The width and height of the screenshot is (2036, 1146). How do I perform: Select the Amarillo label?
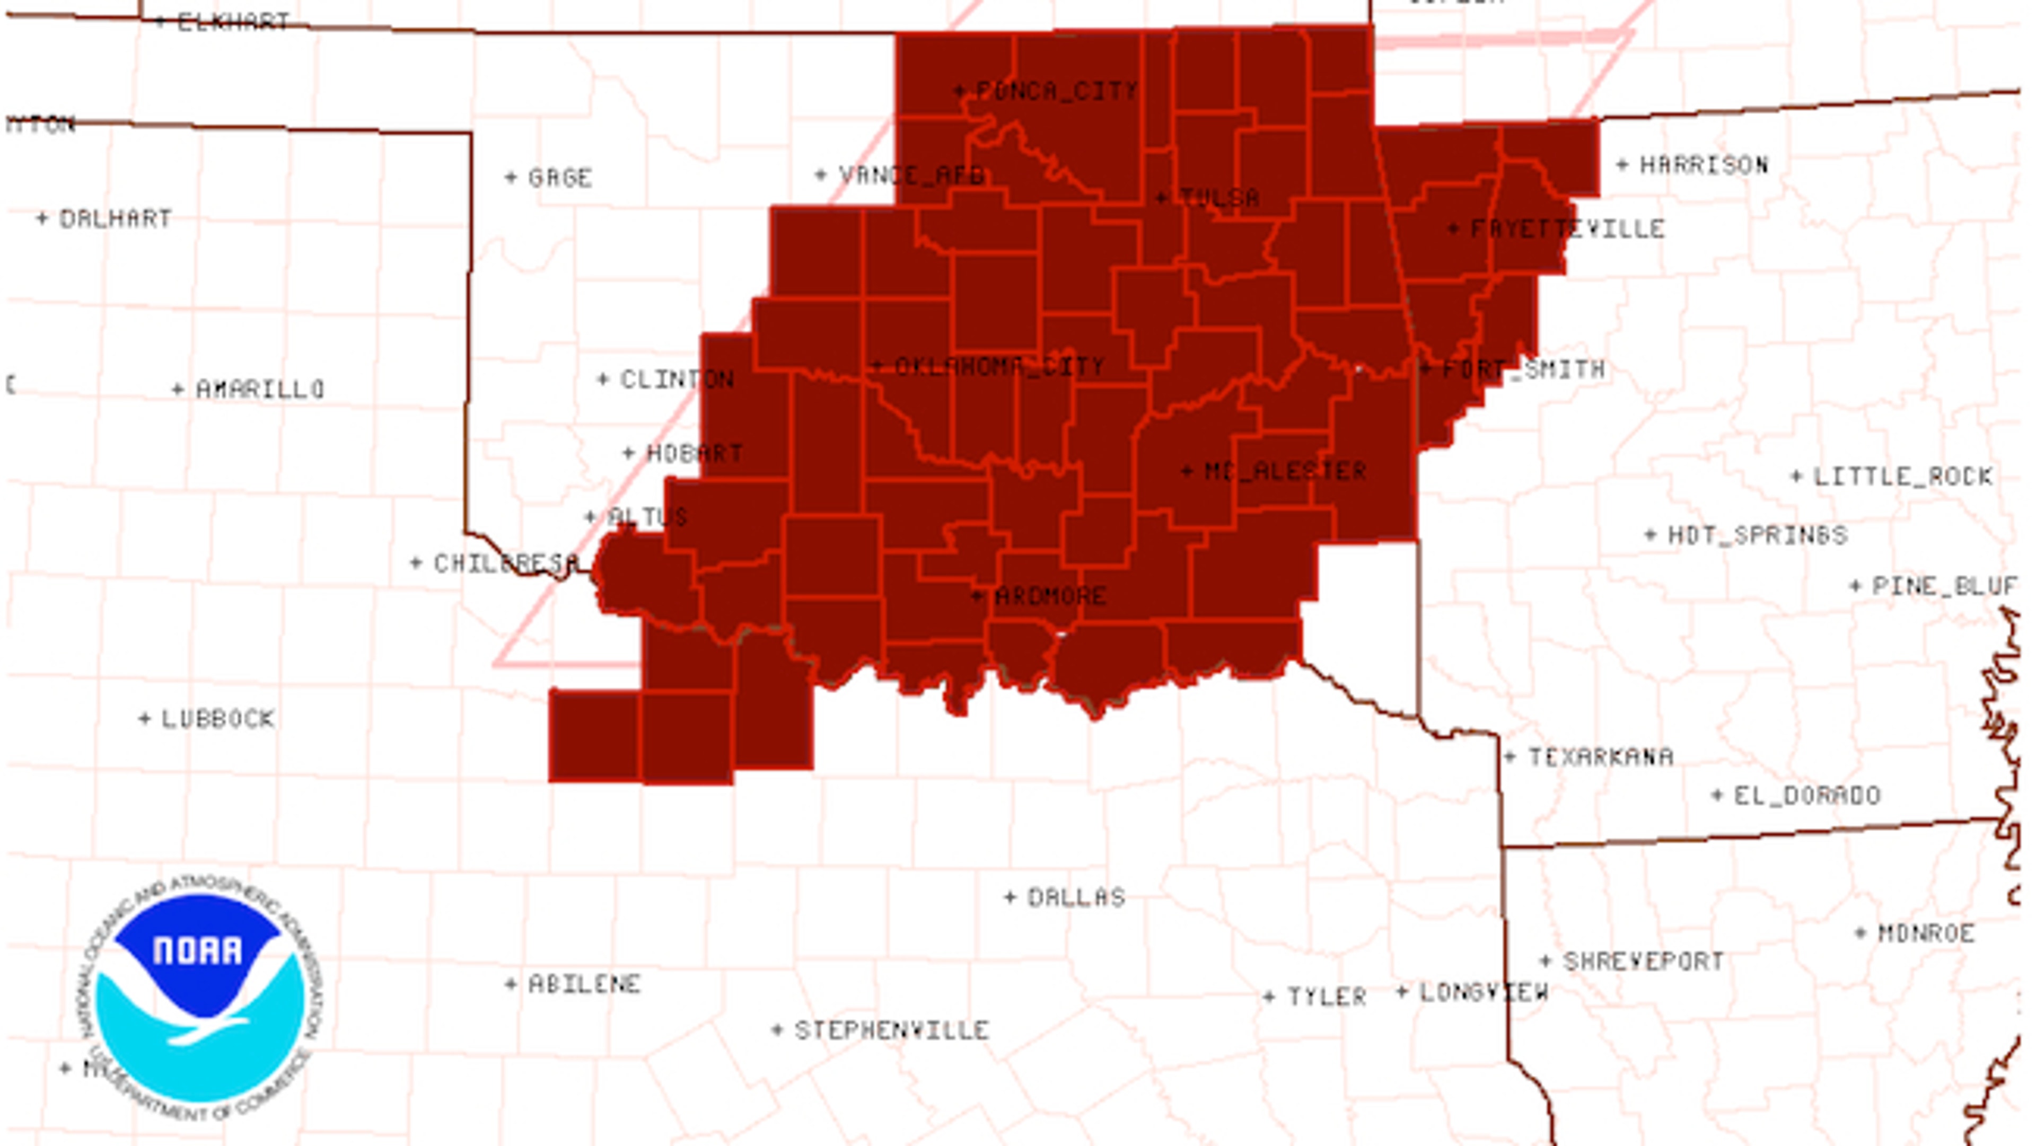coord(260,389)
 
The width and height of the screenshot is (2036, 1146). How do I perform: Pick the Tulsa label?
coord(1219,198)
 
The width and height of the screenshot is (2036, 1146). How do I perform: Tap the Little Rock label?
coord(1902,477)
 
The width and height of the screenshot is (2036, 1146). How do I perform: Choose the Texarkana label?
coord(1601,757)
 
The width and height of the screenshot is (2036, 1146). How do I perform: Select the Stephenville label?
coord(891,1030)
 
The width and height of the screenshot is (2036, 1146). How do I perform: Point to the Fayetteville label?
coord(1567,229)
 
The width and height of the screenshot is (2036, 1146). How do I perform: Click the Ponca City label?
coord(1057,91)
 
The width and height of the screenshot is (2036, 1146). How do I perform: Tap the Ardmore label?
coord(1050,596)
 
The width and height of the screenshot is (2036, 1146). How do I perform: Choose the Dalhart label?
coord(116,218)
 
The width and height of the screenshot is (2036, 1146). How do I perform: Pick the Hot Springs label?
coord(1757,535)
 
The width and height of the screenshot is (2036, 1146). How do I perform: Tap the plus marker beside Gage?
coord(511,178)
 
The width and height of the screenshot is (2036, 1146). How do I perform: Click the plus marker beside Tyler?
coord(1269,997)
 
